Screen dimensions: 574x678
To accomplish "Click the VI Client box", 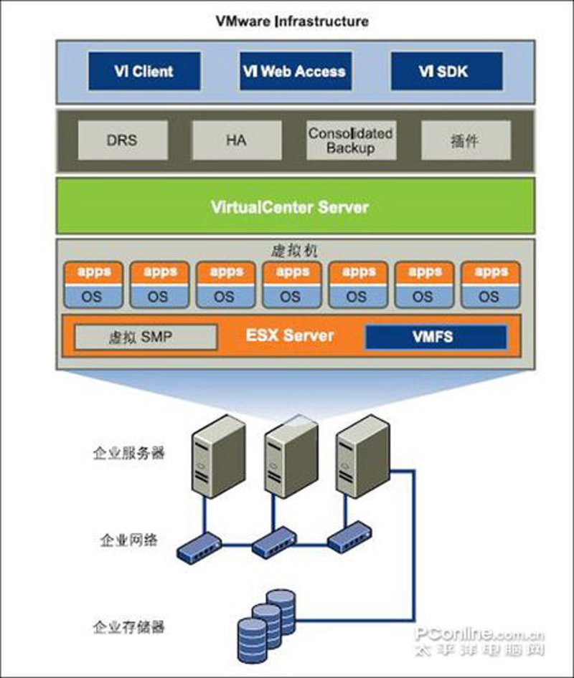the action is [145, 72].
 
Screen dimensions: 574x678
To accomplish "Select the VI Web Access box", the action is [296, 72].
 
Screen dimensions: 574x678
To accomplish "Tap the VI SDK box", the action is [447, 72].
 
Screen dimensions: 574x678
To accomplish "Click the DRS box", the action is [123, 140].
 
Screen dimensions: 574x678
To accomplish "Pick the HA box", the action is [237, 140].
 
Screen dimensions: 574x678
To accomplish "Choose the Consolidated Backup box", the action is [351, 140].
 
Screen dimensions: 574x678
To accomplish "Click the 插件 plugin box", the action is [466, 140].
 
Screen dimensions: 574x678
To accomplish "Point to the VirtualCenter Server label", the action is [290, 207].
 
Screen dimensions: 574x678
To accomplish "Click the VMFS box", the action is [436, 337].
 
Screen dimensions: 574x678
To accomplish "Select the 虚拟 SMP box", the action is [146, 337].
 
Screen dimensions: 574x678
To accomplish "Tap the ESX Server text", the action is [290, 335].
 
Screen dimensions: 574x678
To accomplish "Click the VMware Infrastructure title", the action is [292, 22].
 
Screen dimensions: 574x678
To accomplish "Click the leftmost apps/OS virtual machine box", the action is [93, 285].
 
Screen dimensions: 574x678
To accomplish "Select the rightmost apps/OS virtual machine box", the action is [491, 285].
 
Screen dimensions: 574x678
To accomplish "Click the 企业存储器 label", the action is [129, 626].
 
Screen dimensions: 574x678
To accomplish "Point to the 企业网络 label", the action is [128, 540].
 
